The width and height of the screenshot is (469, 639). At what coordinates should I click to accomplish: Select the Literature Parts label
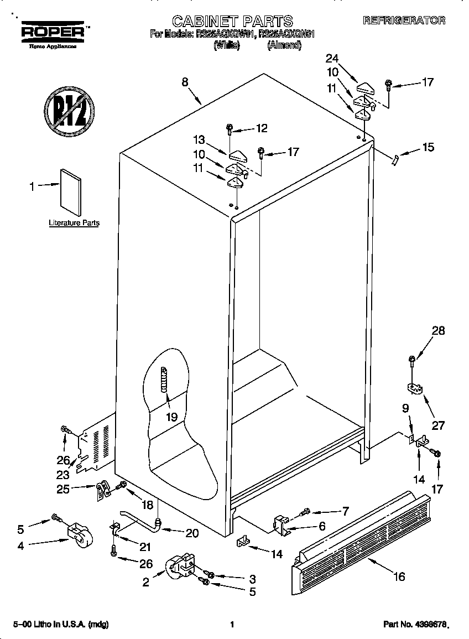pos(74,223)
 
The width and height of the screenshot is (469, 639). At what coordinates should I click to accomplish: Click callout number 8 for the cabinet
pos(185,82)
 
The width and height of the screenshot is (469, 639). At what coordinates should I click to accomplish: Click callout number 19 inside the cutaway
pos(171,417)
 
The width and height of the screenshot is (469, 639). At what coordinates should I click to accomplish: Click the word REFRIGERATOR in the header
pos(404,20)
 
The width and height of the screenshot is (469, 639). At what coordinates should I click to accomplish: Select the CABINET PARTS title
pos(232,21)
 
